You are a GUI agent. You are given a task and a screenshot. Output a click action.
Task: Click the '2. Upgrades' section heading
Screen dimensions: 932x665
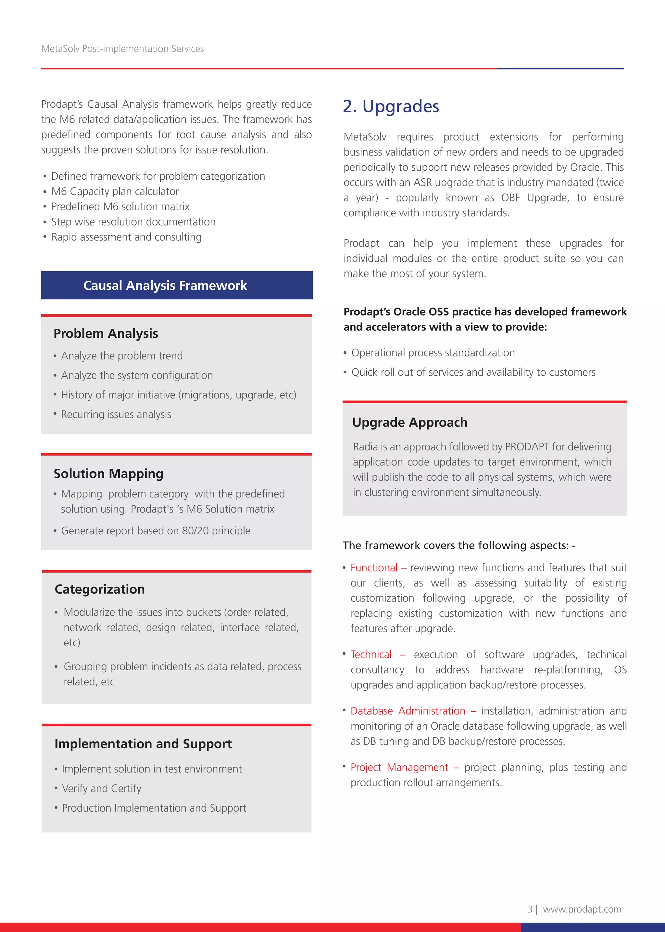pyautogui.click(x=391, y=106)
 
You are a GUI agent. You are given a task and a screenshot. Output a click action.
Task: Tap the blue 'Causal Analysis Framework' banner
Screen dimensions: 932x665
pyautogui.click(x=165, y=285)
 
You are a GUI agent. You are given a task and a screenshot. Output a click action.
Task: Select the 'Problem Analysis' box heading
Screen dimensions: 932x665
pyautogui.click(x=106, y=333)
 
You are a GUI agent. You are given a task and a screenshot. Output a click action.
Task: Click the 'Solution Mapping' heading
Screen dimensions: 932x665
pyautogui.click(x=108, y=473)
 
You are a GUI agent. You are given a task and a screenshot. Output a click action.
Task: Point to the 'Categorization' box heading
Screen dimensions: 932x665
pyautogui.click(x=99, y=589)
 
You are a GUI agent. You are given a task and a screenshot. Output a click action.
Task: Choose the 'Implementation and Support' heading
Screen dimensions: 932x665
pyautogui.click(x=143, y=744)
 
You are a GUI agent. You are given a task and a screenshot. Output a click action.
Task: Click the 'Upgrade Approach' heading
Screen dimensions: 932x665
pyautogui.click(x=409, y=422)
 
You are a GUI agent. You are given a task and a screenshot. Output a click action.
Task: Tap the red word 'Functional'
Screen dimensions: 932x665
pyautogui.click(x=374, y=568)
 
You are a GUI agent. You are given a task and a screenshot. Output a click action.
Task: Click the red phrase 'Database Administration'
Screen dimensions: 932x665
pyautogui.click(x=408, y=711)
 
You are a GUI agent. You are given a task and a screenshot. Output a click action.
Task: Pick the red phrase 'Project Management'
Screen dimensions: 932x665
pyautogui.click(x=399, y=768)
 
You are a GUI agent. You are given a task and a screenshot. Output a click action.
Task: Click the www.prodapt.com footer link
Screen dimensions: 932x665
pyautogui.click(x=582, y=909)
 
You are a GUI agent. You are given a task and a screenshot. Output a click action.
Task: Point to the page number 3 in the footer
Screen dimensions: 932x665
pyautogui.click(x=530, y=909)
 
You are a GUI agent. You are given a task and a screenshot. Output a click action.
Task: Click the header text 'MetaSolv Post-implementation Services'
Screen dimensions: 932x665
pyautogui.click(x=122, y=49)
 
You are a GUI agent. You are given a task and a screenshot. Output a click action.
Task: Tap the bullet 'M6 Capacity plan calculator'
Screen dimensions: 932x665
pyautogui.click(x=115, y=191)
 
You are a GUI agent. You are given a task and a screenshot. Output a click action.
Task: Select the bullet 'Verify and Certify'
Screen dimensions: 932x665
pyautogui.click(x=102, y=788)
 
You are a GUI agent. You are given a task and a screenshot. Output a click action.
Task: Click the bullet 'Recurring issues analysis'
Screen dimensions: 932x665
pyautogui.click(x=116, y=415)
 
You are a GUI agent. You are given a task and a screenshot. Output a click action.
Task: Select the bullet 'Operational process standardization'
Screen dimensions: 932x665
pyautogui.click(x=433, y=353)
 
